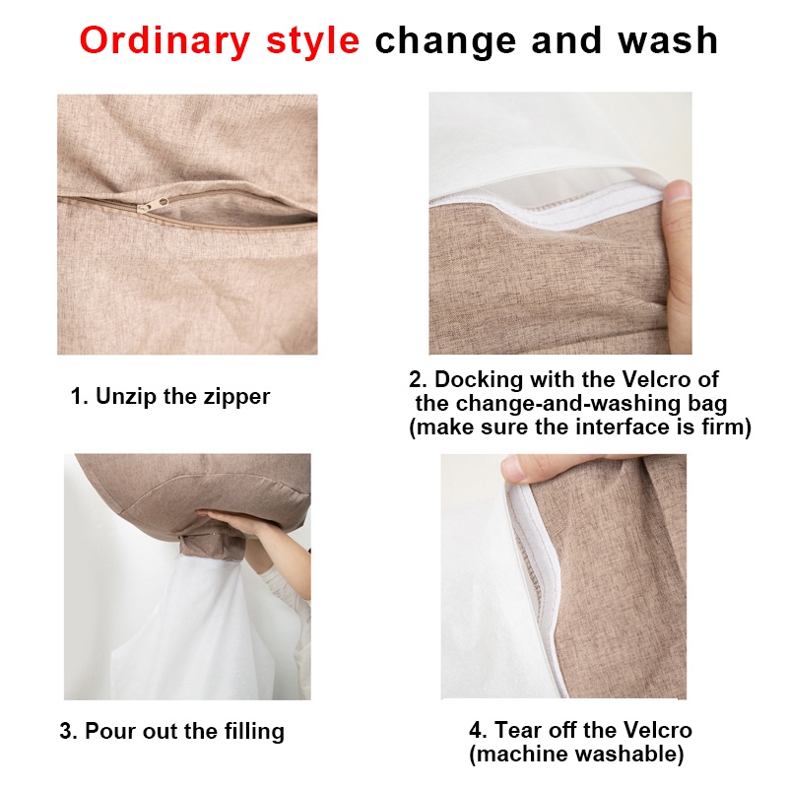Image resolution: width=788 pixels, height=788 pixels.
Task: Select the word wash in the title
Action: tap(668, 40)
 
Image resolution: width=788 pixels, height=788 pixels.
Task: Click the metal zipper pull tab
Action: tap(154, 205)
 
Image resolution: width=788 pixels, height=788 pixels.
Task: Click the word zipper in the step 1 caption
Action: tap(236, 397)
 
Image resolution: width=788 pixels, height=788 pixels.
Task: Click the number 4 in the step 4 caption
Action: tap(476, 730)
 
